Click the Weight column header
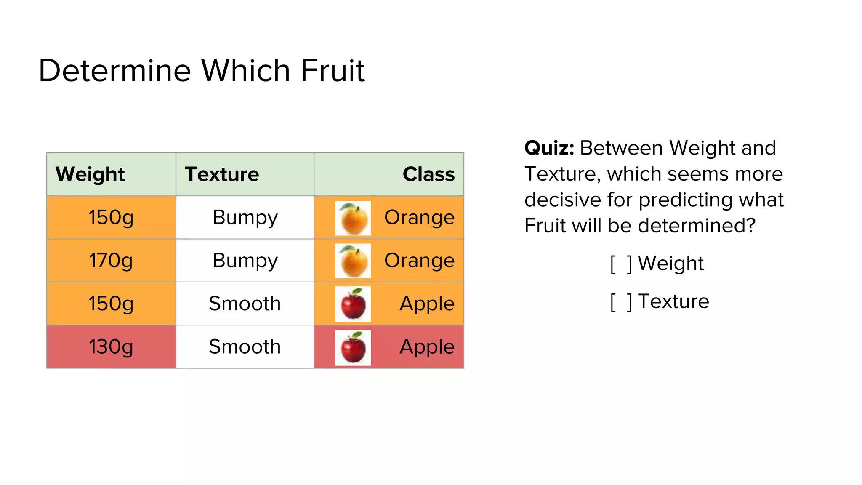[90, 174]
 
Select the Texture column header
[222, 174]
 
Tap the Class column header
[428, 174]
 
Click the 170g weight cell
[111, 261]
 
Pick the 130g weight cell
[111, 347]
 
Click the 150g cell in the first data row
[111, 218]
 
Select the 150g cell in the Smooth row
[111, 304]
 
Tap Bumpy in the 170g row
[245, 261]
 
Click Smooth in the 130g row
[245, 347]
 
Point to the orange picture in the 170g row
[353, 261]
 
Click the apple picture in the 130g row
[353, 347]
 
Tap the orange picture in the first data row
[353, 218]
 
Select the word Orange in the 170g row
[419, 261]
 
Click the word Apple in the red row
[427, 347]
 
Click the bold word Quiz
[549, 148]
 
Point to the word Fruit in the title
[333, 70]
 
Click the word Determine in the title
[115, 70]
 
